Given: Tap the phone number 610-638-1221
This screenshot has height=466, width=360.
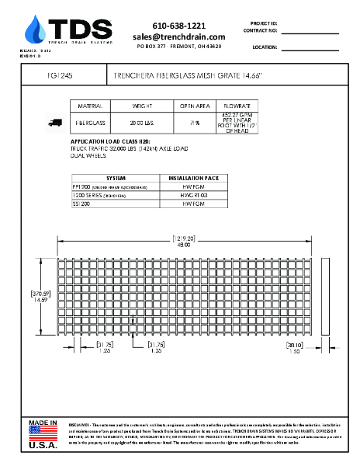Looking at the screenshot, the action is pos(178,26).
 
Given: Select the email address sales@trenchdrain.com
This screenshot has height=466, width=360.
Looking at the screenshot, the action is pos(178,37).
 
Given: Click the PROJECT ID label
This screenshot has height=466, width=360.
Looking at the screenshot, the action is pos(264,23).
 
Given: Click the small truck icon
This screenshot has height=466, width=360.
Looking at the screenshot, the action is pos(55,122).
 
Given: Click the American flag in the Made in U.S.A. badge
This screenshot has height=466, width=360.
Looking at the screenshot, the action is pos(44,433).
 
